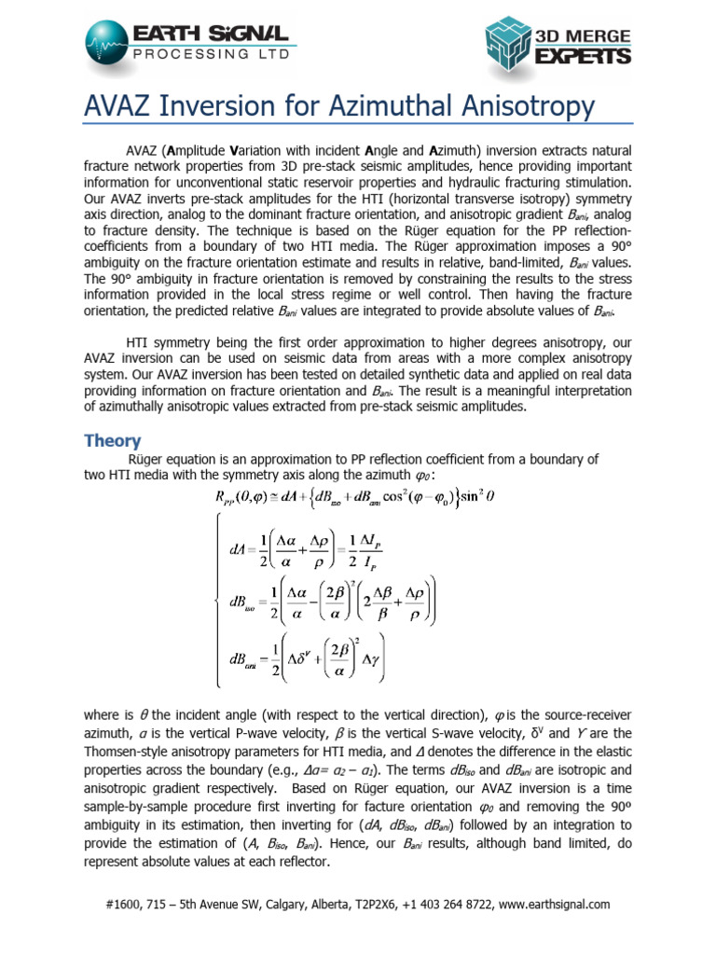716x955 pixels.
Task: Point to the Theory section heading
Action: pyautogui.click(x=112, y=440)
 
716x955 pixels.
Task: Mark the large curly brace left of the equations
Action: pyautogui.click(x=220, y=597)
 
